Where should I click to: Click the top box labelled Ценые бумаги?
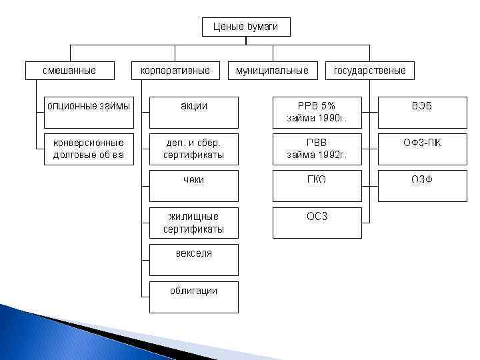(246, 27)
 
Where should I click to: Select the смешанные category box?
(69, 70)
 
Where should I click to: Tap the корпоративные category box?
(175, 70)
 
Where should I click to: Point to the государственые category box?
(369, 70)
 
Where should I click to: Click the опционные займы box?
(88, 112)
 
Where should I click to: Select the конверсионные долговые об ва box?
(88, 149)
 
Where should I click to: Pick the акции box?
(193, 112)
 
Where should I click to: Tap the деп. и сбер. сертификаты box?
(193, 149)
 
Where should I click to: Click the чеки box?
(193, 185)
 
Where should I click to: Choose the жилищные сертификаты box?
(193, 223)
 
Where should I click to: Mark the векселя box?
(193, 259)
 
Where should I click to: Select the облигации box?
(193, 297)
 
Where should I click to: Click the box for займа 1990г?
(317, 112)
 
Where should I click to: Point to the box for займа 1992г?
(317, 149)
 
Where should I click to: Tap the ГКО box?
(317, 185)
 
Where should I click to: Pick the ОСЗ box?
(317, 223)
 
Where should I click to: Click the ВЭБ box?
(422, 112)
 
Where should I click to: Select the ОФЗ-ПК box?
(422, 149)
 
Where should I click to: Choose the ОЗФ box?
(422, 185)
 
